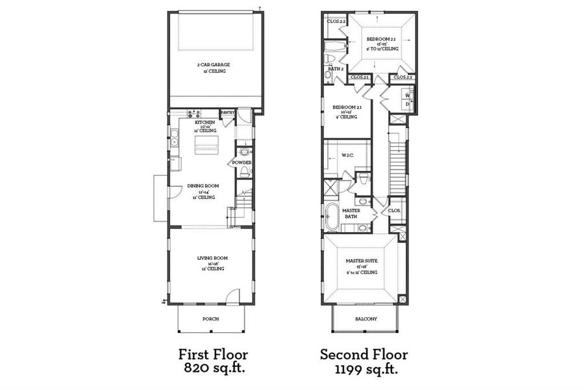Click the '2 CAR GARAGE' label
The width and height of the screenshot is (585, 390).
(x=214, y=65)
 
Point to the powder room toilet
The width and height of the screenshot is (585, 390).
(x=244, y=172)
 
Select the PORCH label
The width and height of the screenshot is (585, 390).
(x=210, y=318)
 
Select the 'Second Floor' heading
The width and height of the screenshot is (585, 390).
(x=364, y=354)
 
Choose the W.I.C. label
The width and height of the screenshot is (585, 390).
(x=347, y=155)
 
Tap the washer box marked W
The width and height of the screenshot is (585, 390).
(x=407, y=94)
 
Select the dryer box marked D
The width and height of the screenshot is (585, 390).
(x=407, y=103)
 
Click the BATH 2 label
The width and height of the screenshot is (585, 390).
(x=335, y=68)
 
